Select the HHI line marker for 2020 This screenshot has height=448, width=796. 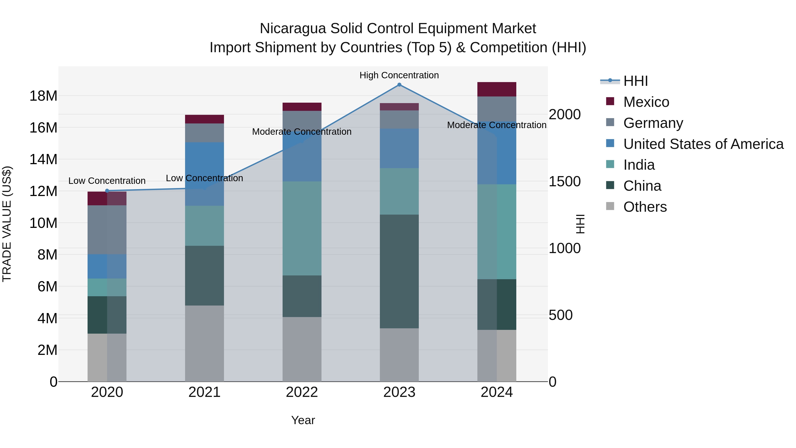coord(107,191)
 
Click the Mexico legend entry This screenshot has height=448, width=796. coord(646,102)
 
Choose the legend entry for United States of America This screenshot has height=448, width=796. coord(703,144)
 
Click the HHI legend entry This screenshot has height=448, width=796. coord(635,81)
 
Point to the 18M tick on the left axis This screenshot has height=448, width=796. coord(43,96)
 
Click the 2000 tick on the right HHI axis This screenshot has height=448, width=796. coord(564,114)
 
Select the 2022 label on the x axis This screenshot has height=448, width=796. coord(302,392)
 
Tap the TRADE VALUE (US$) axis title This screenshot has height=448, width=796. coord(7,224)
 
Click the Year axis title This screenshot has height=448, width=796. coord(303,420)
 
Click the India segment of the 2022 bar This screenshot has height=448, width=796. coord(302,228)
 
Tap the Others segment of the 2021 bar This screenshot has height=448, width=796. coord(204,343)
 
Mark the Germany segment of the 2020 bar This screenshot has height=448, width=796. coord(107,230)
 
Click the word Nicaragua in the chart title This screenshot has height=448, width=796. coord(292,29)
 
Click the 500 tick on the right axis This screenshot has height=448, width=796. coord(560,315)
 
